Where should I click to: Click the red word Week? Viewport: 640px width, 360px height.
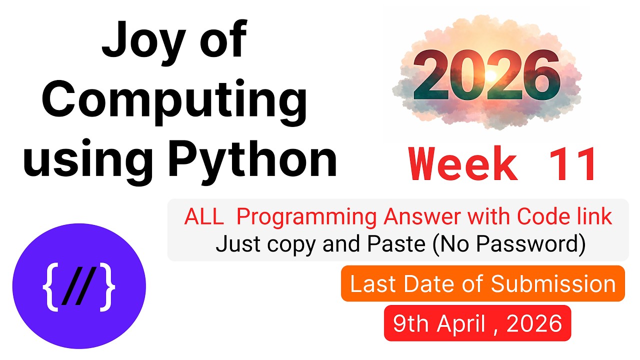[463, 165]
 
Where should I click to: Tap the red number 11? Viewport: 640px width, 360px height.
[572, 165]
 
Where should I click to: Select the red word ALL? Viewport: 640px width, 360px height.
[204, 217]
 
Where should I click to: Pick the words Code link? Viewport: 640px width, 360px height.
[564, 217]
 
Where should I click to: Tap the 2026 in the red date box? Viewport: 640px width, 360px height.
[534, 323]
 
